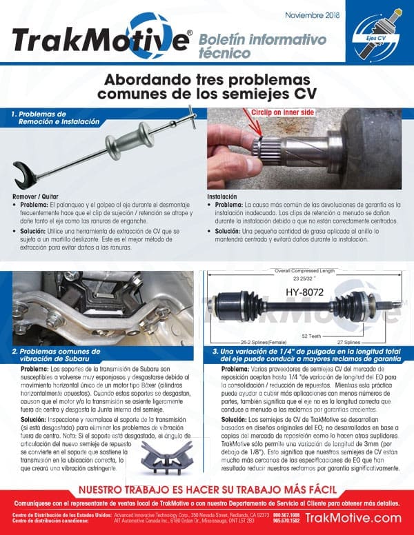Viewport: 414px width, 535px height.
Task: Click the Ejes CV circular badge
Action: tap(377, 33)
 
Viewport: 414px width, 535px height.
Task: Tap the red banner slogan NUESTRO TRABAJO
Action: tap(207, 490)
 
